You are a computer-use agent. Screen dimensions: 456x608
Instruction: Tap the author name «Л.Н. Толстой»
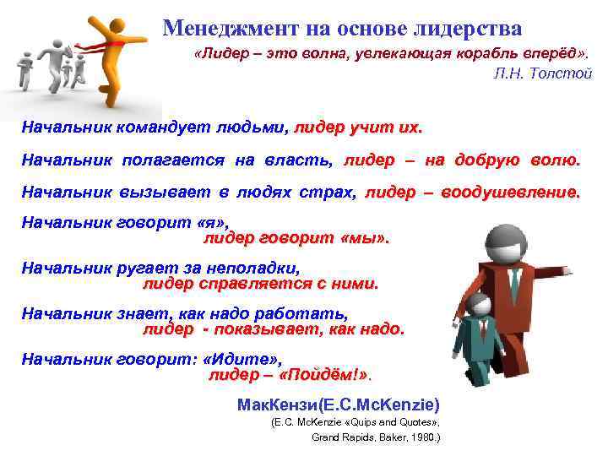click(x=542, y=73)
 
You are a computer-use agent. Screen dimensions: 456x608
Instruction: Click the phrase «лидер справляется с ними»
click(x=260, y=284)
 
